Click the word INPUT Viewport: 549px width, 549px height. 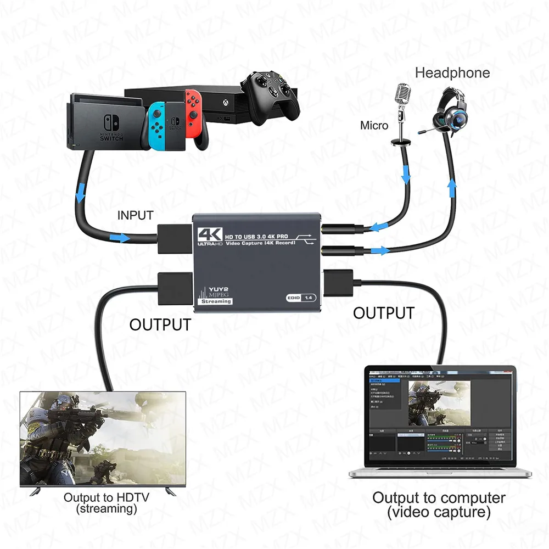pyautogui.click(x=136, y=216)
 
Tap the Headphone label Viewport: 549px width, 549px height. pyautogui.click(x=452, y=72)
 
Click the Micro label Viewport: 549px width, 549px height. pyautogui.click(x=374, y=126)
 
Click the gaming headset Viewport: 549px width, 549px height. pyautogui.click(x=450, y=113)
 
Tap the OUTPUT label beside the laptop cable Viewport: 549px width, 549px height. pyautogui.click(x=383, y=313)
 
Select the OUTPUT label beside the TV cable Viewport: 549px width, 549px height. pyautogui.click(x=160, y=324)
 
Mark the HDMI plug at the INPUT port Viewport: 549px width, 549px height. pyautogui.click(x=175, y=239)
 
